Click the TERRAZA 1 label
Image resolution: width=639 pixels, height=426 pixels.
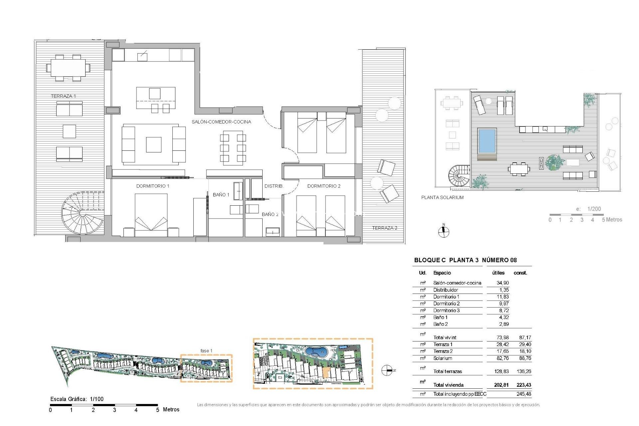(63, 96)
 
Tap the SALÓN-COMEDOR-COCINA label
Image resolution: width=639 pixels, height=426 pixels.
(221, 122)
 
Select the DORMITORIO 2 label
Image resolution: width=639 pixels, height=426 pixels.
(324, 186)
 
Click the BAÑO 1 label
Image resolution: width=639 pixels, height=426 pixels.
(221, 195)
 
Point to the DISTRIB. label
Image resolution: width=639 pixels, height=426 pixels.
(274, 186)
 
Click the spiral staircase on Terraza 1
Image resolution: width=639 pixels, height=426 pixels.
(83, 213)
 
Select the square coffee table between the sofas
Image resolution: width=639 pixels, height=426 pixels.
(153, 145)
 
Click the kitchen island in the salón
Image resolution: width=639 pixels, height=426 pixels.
(156, 97)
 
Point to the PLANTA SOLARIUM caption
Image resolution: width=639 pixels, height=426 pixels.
(442, 197)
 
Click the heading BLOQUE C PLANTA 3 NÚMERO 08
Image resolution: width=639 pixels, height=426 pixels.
(465, 260)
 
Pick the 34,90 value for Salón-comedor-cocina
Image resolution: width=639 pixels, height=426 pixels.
(503, 283)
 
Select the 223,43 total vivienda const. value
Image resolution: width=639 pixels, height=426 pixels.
(524, 385)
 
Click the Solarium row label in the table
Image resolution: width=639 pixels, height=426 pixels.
(443, 358)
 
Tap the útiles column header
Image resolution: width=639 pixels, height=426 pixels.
(498, 273)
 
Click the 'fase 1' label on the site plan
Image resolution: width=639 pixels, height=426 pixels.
(206, 351)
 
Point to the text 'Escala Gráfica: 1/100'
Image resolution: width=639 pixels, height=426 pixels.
(77, 399)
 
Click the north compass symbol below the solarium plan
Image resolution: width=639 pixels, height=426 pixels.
(443, 232)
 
